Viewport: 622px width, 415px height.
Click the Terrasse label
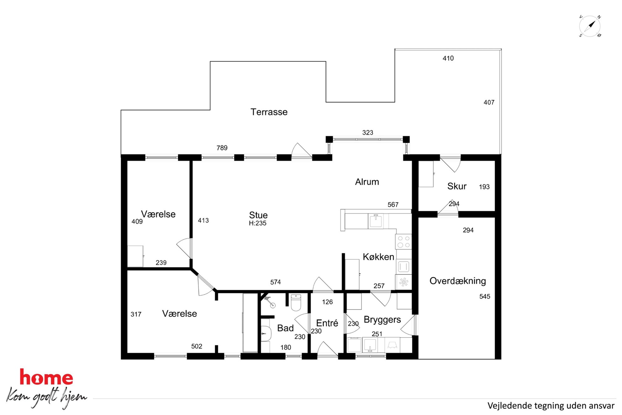coord(269,112)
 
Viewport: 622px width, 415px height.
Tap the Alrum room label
coord(367,182)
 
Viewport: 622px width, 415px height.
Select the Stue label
coord(258,215)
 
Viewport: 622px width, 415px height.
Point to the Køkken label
coord(378,257)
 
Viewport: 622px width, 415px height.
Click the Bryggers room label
coord(382,320)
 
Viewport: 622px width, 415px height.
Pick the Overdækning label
coord(458,281)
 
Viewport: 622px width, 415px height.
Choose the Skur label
coord(457,186)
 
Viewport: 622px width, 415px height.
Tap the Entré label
coord(327,323)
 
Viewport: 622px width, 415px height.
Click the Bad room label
coord(285,328)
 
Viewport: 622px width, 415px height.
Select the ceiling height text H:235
coord(258,223)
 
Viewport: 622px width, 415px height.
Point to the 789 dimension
coord(222,148)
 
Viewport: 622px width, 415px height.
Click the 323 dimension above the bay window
coord(368,133)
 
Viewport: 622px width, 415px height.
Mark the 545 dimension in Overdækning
coord(485,296)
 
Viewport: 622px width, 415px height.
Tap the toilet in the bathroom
coord(296,302)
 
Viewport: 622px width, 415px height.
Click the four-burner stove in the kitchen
coord(403,242)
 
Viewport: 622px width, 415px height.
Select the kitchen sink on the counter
coord(376,221)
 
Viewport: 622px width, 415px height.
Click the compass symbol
coord(590,26)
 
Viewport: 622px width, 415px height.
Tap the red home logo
coord(46,377)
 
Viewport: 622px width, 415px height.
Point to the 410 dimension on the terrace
coord(448,58)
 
